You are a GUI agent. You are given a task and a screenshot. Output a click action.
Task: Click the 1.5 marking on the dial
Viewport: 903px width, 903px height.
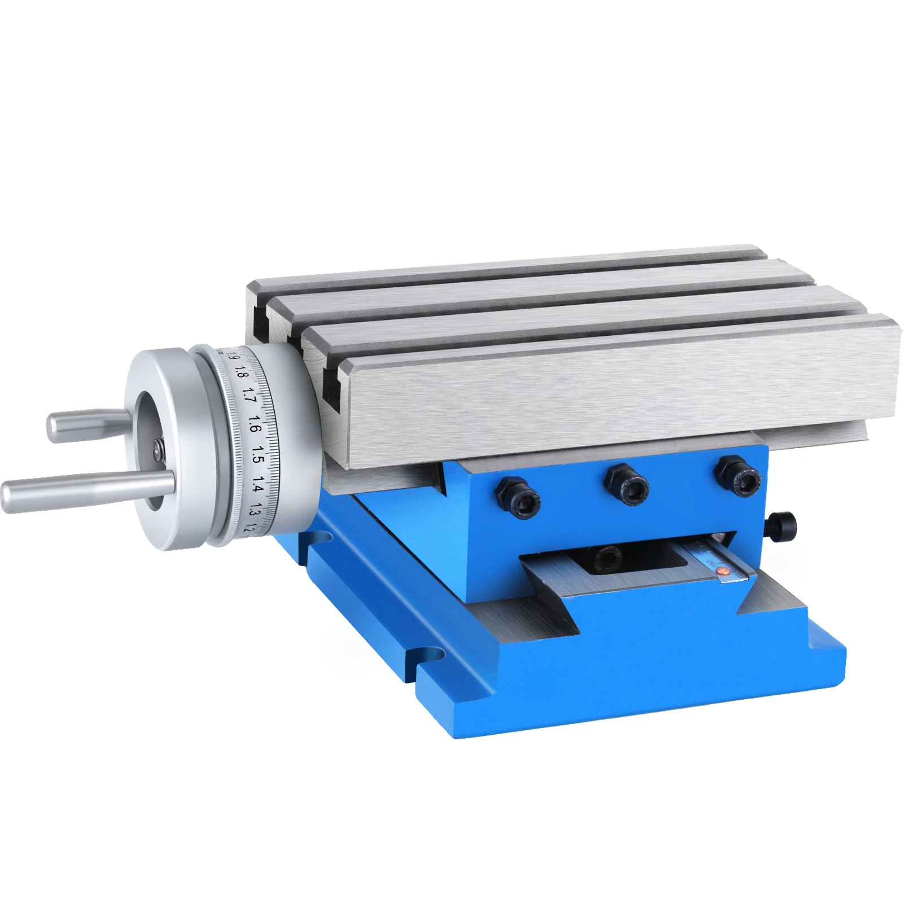[x=257, y=454]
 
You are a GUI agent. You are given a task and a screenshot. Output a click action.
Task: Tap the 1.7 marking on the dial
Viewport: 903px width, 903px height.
[x=249, y=395]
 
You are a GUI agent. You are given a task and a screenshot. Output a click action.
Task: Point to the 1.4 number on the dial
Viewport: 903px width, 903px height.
[x=257, y=484]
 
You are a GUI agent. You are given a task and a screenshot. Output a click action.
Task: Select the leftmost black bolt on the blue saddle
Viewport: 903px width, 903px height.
[x=520, y=496]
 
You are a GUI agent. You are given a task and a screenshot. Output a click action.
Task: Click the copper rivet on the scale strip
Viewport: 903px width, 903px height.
[x=722, y=573]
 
